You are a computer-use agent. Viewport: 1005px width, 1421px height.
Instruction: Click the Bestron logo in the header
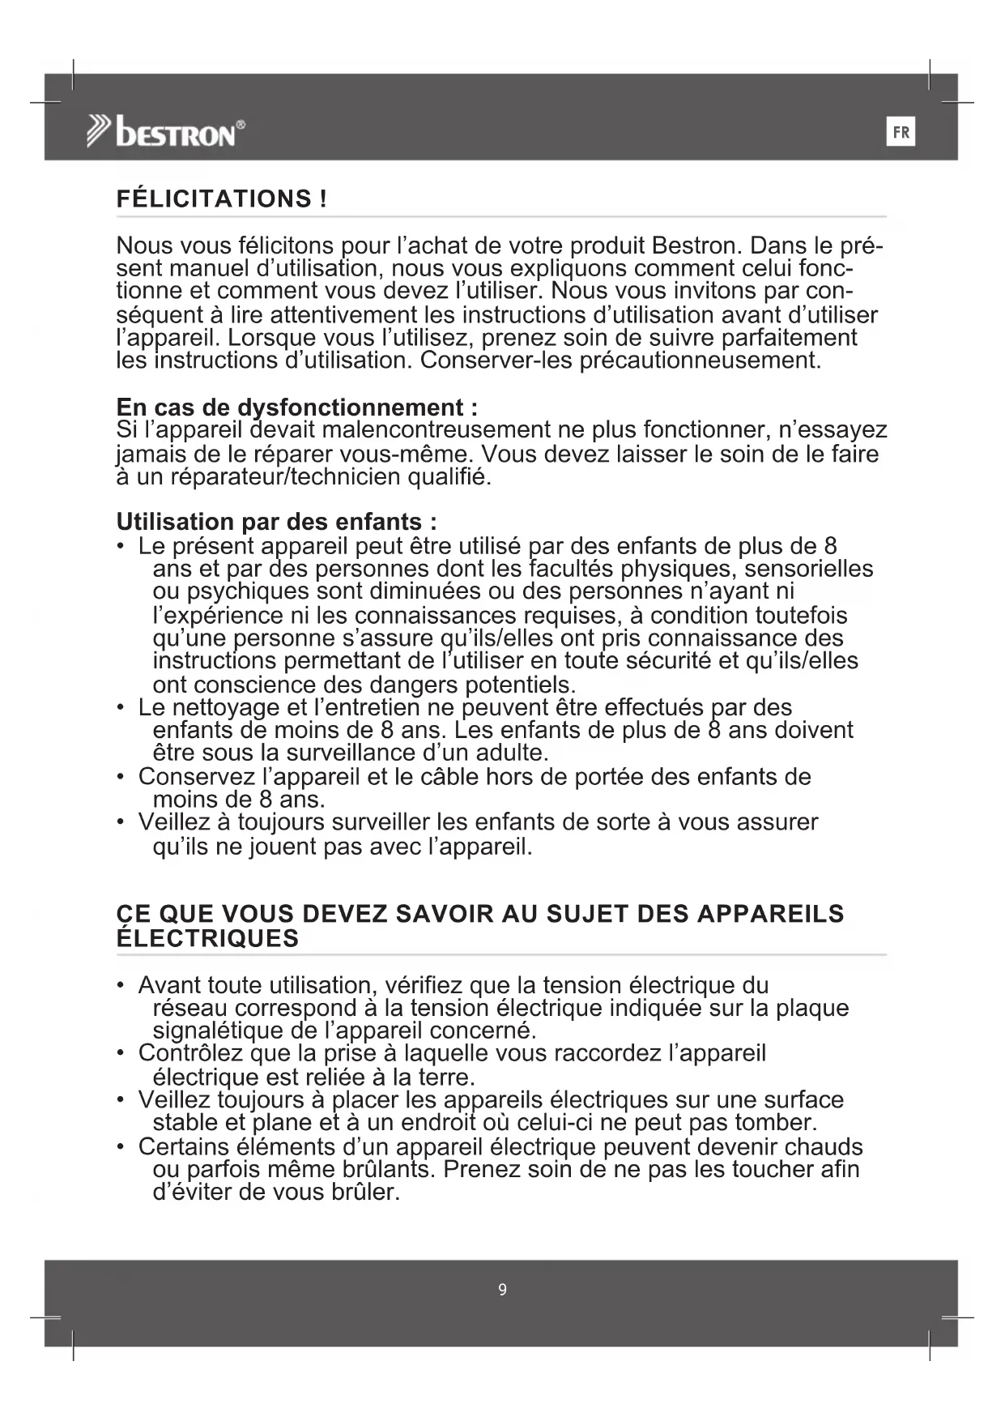pyautogui.click(x=166, y=132)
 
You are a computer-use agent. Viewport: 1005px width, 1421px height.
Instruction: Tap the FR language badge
pyautogui.click(x=901, y=132)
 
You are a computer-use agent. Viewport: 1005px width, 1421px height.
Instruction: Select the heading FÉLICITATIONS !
pyautogui.click(x=222, y=199)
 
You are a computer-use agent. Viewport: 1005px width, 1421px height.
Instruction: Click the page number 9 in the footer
pyautogui.click(x=502, y=1289)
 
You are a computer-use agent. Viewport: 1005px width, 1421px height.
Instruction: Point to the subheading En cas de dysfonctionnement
pyautogui.click(x=296, y=407)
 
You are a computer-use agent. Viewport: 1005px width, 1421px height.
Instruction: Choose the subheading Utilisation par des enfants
pyautogui.click(x=276, y=521)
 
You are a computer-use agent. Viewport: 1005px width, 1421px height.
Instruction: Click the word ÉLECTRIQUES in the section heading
pyautogui.click(x=207, y=939)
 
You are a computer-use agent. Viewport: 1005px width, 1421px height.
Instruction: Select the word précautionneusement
pyautogui.click(x=701, y=360)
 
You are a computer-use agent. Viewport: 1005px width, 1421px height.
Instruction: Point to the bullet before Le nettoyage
pyautogui.click(x=121, y=708)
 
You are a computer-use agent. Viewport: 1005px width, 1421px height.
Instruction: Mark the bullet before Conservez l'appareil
pyautogui.click(x=121, y=777)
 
